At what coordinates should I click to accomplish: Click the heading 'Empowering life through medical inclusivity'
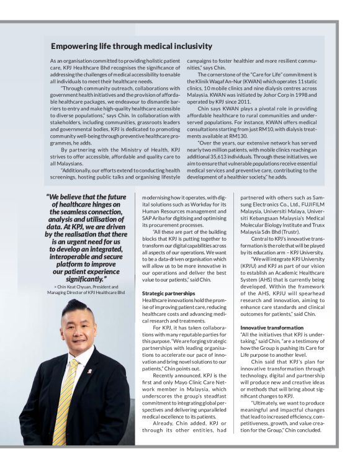coord(132,46)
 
